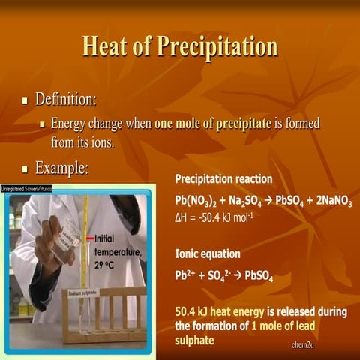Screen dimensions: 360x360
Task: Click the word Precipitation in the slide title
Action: click(218, 47)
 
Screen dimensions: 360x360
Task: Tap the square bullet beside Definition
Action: click(25, 100)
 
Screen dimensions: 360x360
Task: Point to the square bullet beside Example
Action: click(25, 169)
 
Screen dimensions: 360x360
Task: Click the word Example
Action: click(62, 169)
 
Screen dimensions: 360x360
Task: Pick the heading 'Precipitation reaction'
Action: click(223, 180)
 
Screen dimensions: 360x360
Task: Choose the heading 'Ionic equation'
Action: click(207, 254)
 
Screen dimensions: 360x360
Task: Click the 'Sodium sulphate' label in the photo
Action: click(85, 293)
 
